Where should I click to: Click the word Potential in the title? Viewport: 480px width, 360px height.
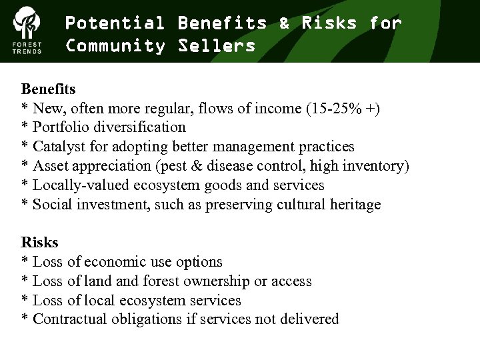point(115,23)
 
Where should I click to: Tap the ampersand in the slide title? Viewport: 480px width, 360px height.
point(285,23)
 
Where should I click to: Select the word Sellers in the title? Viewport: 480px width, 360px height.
point(217,46)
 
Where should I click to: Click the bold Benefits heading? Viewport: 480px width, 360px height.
point(49,89)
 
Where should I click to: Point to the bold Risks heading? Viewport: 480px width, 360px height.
point(40,242)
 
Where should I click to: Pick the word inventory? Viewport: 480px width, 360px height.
point(374,166)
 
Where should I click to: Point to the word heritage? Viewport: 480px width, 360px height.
point(355,205)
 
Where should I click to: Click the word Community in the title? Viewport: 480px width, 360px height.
point(115,46)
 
